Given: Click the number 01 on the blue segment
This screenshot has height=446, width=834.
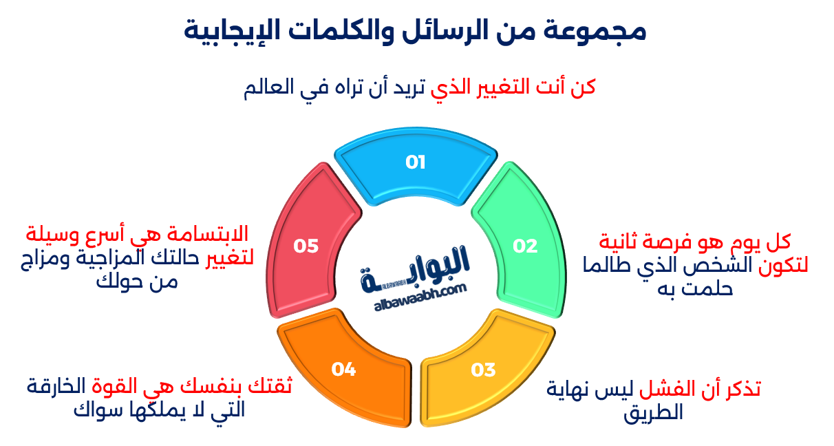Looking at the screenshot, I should (416, 162).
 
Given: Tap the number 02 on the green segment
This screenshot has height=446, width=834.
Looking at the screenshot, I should (525, 246).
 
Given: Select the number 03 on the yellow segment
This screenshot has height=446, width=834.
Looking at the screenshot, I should (484, 370).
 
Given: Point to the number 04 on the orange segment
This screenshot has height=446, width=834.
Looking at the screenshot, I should (343, 370).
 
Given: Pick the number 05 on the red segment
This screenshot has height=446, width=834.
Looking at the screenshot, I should (306, 246).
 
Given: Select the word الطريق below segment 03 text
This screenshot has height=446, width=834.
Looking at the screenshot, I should (654, 413).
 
